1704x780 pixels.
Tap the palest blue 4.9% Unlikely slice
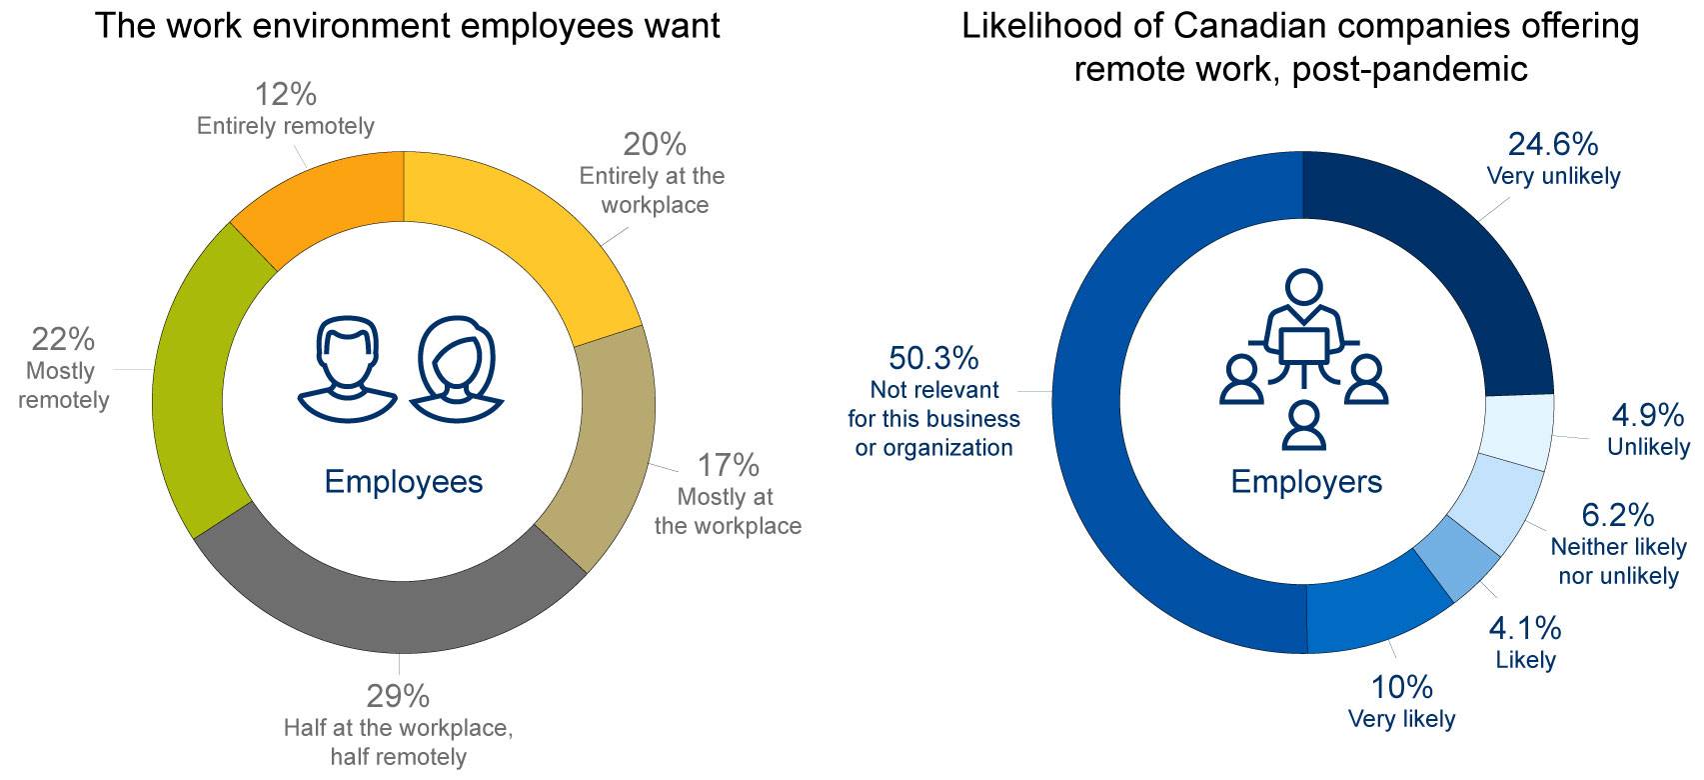(1518, 431)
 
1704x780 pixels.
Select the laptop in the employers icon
(1304, 345)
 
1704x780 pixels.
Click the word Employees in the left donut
(403, 482)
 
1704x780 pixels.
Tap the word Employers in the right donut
(1305, 482)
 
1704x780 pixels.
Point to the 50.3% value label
(932, 358)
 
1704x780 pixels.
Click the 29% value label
(398, 695)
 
